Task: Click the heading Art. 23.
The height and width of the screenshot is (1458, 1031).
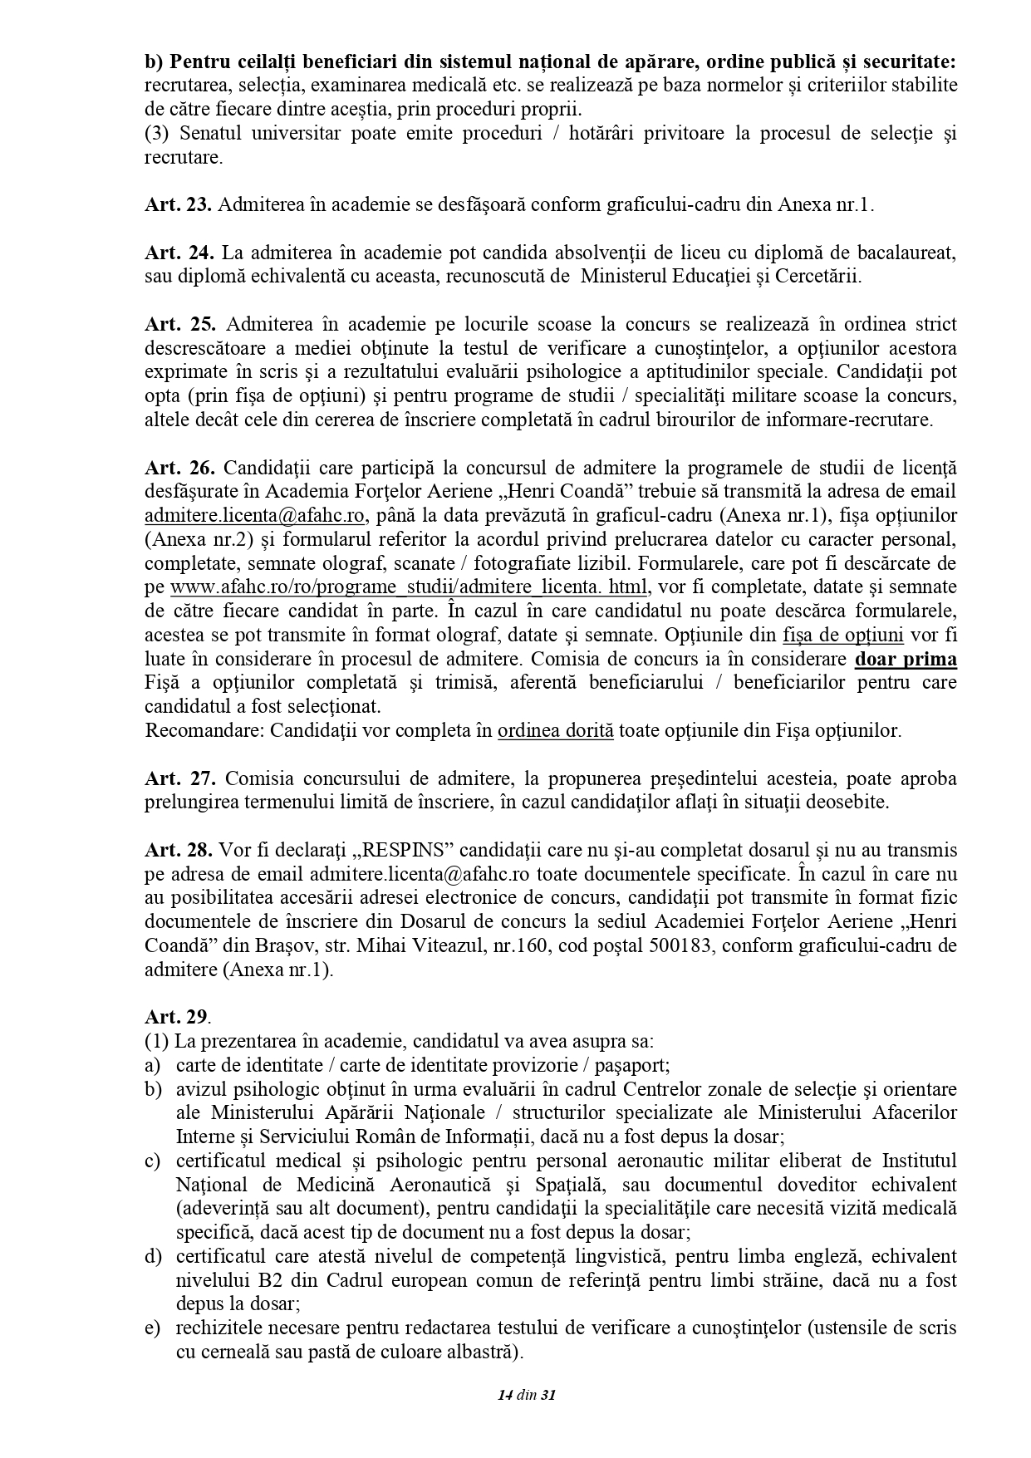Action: pyautogui.click(x=178, y=205)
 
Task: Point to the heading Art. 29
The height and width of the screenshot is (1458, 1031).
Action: pyautogui.click(x=177, y=1017)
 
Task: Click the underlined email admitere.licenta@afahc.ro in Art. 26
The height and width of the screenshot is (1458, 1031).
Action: pyautogui.click(x=255, y=515)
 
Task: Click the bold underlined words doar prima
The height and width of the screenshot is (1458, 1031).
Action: pyautogui.click(x=906, y=660)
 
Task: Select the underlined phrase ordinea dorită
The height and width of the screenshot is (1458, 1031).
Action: pyautogui.click(x=555, y=731)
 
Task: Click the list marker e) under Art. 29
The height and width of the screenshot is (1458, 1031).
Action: pyautogui.click(x=152, y=1328)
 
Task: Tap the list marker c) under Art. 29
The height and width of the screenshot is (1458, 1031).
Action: pyautogui.click(x=152, y=1161)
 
